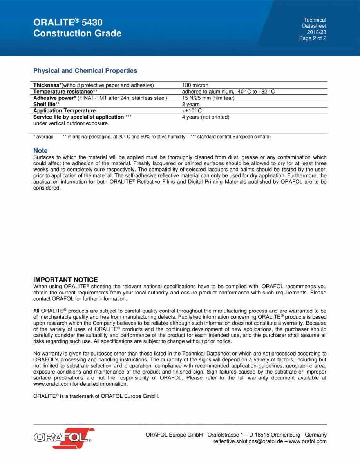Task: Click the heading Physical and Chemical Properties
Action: (x=85, y=71)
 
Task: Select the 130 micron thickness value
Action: (x=195, y=85)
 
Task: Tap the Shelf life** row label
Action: (x=47, y=104)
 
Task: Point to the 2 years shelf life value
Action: (x=191, y=104)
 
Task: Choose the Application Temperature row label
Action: (x=64, y=111)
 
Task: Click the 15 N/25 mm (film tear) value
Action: (x=208, y=98)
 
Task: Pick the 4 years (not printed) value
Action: (x=206, y=117)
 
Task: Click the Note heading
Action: (x=40, y=151)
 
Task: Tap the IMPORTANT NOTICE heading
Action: (x=65, y=280)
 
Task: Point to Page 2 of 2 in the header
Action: (x=313, y=38)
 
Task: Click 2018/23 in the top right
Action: (x=317, y=32)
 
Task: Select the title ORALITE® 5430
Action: (x=68, y=22)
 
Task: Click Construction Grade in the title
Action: (x=78, y=34)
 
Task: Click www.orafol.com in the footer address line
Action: (x=308, y=441)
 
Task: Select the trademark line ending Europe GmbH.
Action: (x=96, y=396)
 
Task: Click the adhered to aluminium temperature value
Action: (x=228, y=92)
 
